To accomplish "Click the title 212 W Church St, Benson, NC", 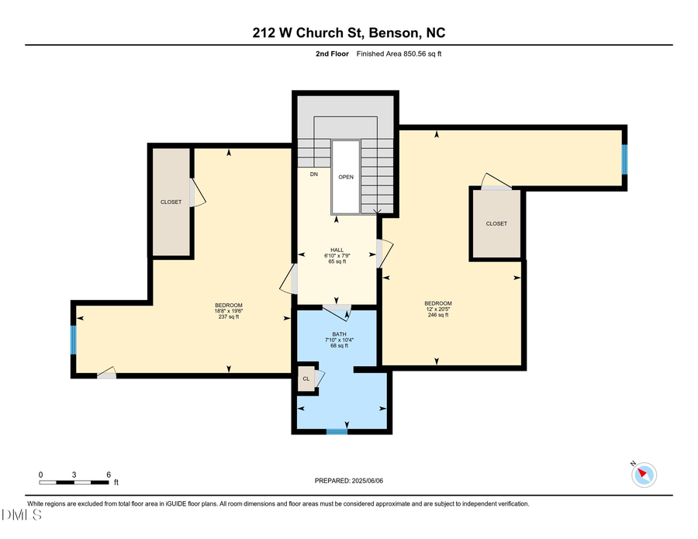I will [348, 33].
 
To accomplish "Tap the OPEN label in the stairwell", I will [346, 178].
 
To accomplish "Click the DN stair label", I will [314, 174].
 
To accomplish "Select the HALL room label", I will [337, 250].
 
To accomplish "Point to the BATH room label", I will [339, 333].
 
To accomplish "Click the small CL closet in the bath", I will [306, 379].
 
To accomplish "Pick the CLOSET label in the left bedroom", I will [171, 202].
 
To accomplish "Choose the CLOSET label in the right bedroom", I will [496, 223].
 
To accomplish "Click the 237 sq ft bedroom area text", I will [229, 317].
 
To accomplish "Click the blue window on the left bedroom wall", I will [74, 339].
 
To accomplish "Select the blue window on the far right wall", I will [624, 158].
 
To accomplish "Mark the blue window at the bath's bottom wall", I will [337, 431].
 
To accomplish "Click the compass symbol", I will [644, 474].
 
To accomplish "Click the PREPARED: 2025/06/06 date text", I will [349, 481].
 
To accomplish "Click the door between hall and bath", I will [337, 312].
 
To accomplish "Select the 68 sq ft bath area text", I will [339, 346].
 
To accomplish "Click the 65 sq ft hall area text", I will [337, 262].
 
